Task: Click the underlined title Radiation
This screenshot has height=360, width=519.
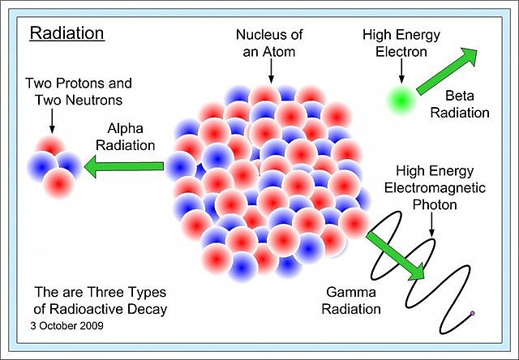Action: pos(66,34)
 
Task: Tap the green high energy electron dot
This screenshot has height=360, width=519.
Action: pos(401,101)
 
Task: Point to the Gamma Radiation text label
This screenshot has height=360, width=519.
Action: pos(354,299)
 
